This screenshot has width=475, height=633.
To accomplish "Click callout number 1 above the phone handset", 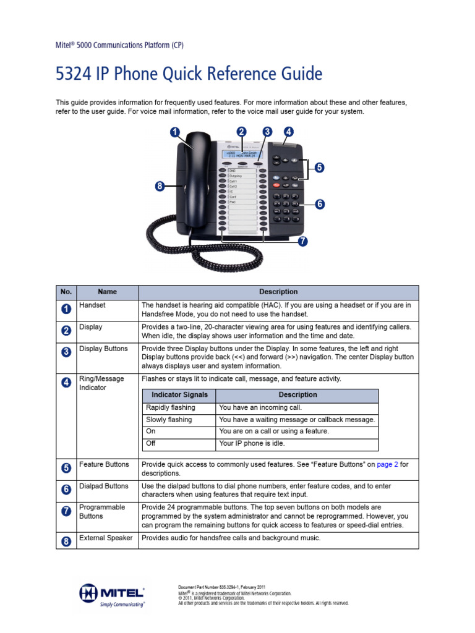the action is point(175,132).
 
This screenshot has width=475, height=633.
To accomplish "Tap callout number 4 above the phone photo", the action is point(289,131).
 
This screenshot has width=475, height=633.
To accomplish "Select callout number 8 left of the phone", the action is point(160,186).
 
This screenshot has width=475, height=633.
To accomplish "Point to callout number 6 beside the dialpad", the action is point(319,204).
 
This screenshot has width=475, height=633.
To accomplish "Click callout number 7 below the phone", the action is point(302,242).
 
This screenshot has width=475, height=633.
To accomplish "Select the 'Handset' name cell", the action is point(92,305).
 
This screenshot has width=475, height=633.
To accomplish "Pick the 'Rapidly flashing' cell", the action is point(170,408).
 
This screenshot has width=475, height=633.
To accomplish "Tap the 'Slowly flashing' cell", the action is point(168,420).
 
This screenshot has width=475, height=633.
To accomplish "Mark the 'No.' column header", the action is point(66,292).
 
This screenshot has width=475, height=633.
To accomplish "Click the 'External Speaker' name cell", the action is point(106,538).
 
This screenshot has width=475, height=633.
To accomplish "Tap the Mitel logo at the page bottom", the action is point(112,595).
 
